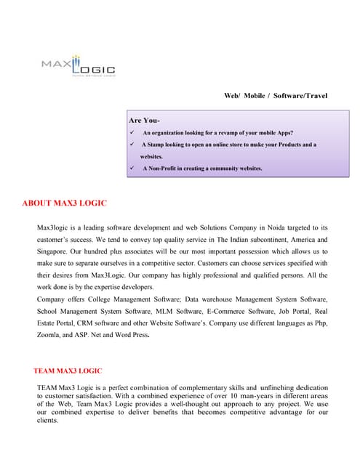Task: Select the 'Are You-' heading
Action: [x=144, y=119]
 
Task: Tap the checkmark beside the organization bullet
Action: [x=131, y=133]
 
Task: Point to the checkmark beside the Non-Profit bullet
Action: [x=131, y=169]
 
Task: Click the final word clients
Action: [x=48, y=421]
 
